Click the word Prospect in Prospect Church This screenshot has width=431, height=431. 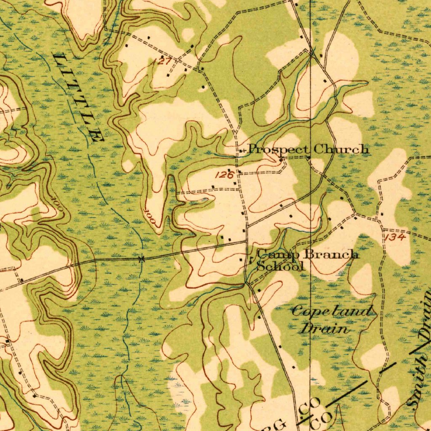(278, 149)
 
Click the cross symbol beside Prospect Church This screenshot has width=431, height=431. (241, 151)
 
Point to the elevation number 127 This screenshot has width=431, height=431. (163, 61)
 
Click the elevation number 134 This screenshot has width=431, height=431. (395, 238)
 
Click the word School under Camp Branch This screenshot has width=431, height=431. (280, 266)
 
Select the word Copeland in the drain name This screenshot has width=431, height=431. (332, 312)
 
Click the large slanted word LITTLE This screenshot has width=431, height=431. (78, 97)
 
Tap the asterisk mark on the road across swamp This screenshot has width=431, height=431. (141, 259)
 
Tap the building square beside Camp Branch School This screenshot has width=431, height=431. (241, 260)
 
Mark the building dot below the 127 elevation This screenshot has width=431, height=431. (168, 75)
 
